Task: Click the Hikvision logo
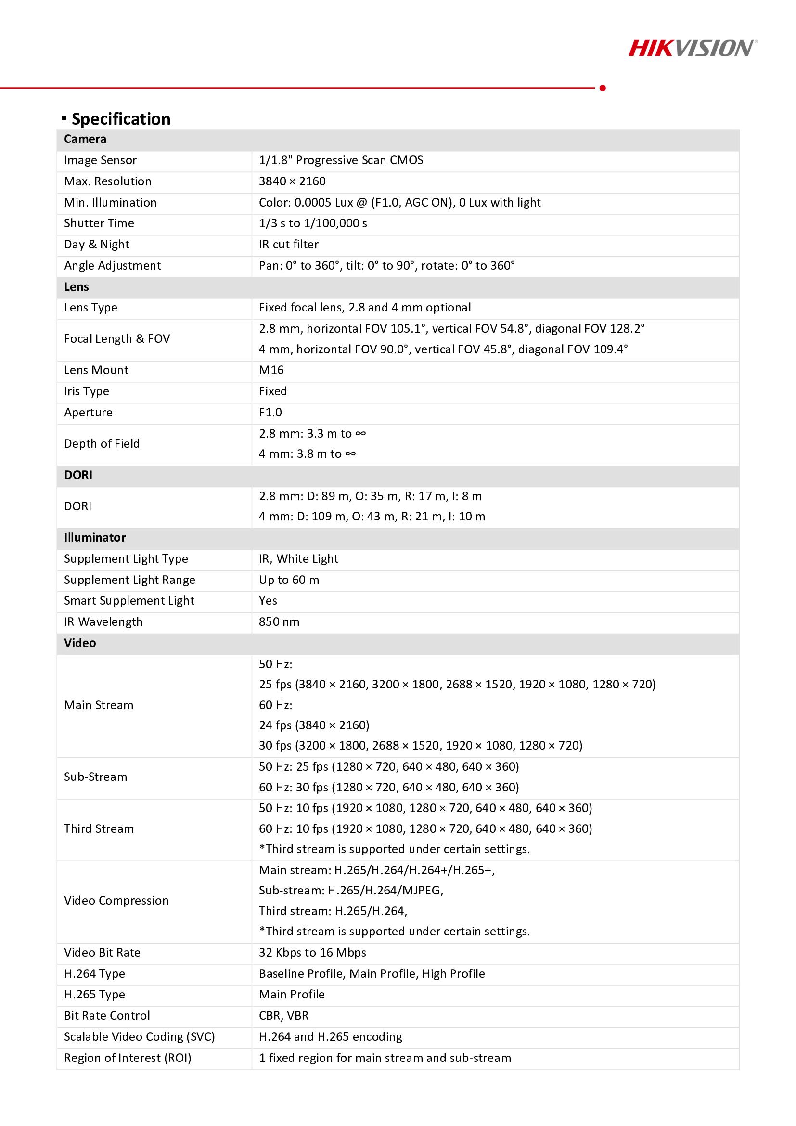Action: (693, 49)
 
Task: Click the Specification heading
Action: (121, 119)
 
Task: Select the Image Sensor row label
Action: (100, 160)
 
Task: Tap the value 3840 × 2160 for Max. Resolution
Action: (292, 181)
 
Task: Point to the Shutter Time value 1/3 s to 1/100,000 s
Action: (313, 223)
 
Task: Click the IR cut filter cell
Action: (289, 244)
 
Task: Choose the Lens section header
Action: (77, 287)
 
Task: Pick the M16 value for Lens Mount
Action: (271, 370)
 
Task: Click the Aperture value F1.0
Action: (270, 413)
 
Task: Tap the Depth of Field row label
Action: (102, 444)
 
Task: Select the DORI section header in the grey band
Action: (78, 475)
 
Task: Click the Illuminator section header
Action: (95, 538)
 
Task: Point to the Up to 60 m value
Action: (289, 580)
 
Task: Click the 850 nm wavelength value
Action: (279, 622)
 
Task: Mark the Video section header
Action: (80, 643)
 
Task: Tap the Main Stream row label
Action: (99, 705)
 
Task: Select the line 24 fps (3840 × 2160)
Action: (314, 725)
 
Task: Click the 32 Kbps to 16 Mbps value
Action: (312, 953)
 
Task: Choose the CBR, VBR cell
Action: (283, 1016)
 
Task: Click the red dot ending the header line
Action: (603, 88)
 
